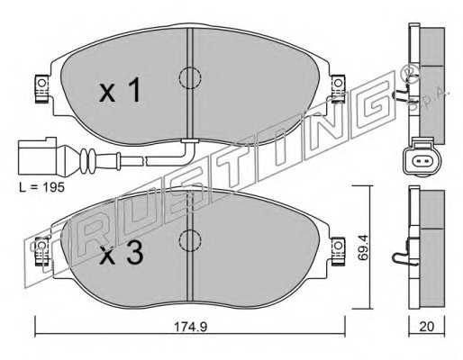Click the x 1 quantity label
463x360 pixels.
[120, 90]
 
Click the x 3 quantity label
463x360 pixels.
[122, 254]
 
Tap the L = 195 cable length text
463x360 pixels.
[41, 188]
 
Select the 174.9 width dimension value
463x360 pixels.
[190, 327]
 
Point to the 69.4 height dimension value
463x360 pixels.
[363, 247]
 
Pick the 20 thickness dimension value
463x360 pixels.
[427, 327]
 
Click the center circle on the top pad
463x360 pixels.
[190, 78]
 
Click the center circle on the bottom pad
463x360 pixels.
[190, 240]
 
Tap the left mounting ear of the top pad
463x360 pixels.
[41, 89]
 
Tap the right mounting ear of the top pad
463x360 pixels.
[338, 89]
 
